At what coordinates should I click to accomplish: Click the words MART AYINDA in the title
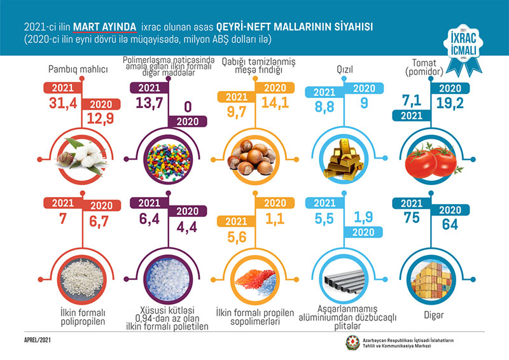click(105, 27)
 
